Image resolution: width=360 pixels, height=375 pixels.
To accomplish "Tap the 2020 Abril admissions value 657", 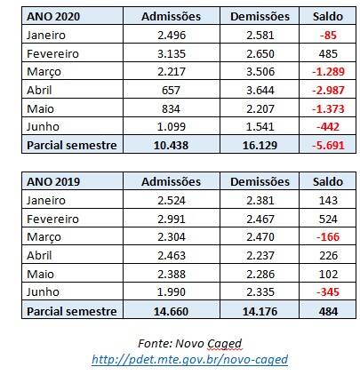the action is (171, 90).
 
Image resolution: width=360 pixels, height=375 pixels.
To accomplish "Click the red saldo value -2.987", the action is (328, 90).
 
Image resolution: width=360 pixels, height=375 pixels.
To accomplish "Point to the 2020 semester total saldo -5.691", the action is (328, 145).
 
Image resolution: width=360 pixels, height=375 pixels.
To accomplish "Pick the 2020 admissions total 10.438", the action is (172, 145).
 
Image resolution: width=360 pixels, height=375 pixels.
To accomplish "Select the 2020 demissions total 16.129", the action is (260, 145).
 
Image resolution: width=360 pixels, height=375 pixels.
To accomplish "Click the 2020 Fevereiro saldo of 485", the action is (328, 53).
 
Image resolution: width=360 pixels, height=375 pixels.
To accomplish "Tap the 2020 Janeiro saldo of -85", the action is (328, 36).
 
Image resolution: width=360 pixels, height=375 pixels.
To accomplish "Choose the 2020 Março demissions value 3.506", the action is (260, 72).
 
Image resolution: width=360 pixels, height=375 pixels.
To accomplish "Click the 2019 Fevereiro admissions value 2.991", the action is (172, 219).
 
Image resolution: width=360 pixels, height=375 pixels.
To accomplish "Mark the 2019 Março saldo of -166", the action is (328, 237).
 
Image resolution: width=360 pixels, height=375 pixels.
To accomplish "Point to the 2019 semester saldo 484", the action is (328, 311).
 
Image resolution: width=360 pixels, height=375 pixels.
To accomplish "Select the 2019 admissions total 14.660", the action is (172, 311).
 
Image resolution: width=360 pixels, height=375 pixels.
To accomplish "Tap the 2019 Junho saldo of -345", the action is (328, 292).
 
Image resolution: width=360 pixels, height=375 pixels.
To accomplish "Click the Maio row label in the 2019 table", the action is (40, 274).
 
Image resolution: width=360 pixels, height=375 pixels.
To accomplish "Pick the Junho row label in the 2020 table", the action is (43, 127).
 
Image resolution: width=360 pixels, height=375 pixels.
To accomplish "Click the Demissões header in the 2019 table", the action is (260, 181).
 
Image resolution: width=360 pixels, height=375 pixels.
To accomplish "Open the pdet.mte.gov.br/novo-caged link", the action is (189, 360).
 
